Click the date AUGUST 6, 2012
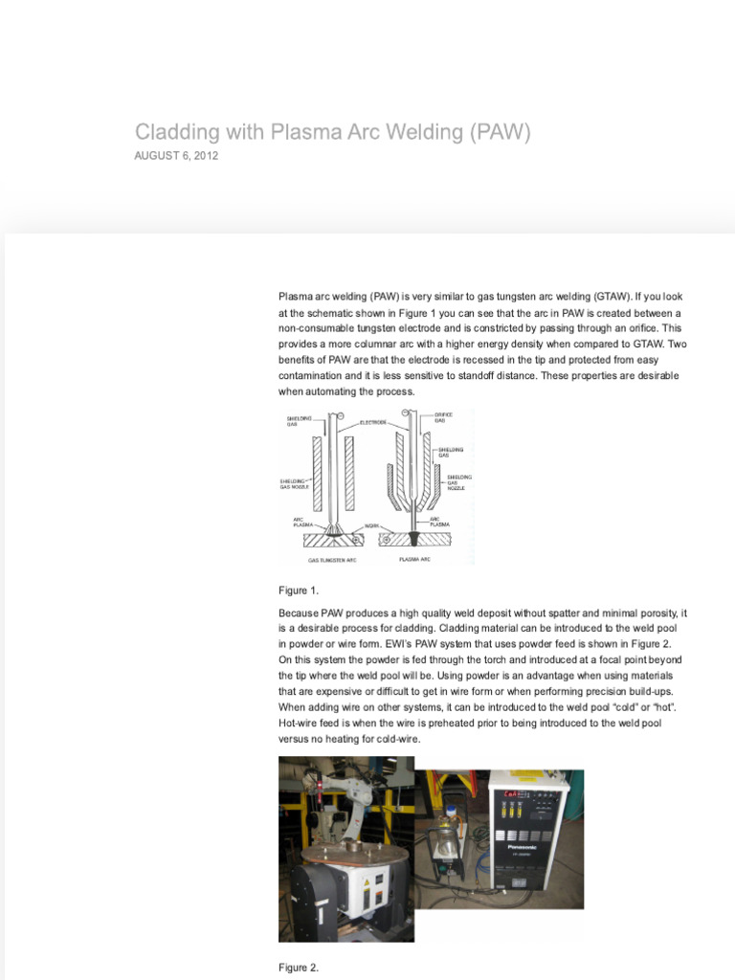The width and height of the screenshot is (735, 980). [176, 156]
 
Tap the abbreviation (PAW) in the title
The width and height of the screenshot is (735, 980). [499, 131]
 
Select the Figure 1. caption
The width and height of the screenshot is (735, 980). [298, 590]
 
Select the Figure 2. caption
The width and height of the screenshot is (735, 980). [298, 968]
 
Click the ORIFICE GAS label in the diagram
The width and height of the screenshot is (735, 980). [444, 418]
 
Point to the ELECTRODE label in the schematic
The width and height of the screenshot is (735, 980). [372, 422]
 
